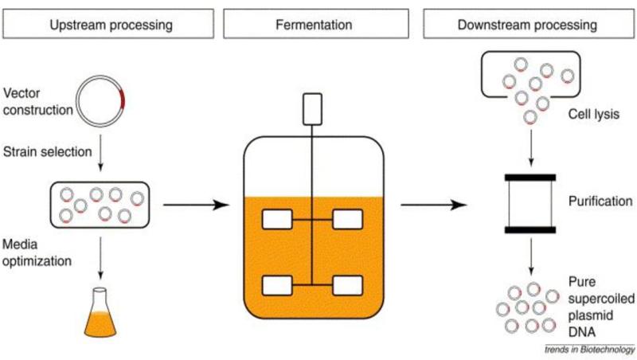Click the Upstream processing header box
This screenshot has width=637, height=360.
[x=108, y=24]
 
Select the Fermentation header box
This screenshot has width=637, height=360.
[x=316, y=24]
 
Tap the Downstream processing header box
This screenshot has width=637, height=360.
[x=529, y=24]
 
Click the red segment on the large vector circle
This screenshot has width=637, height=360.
[x=122, y=100]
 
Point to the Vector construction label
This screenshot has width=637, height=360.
[x=37, y=102]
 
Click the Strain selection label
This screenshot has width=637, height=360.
[x=48, y=151]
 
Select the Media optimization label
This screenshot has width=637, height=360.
[x=37, y=252]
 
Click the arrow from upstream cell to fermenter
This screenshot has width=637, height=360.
[x=196, y=205]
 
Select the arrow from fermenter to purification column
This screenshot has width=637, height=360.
[x=434, y=205]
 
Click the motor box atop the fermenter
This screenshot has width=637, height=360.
[x=312, y=109]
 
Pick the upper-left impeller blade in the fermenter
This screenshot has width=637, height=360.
[x=277, y=219]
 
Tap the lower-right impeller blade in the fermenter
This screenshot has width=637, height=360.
[x=348, y=285]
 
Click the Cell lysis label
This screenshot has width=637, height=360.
[x=593, y=114]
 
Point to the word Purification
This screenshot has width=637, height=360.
[x=600, y=201]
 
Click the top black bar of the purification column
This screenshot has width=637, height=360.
[x=530, y=178]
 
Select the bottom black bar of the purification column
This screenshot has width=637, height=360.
[x=530, y=230]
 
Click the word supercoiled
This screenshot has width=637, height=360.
[x=601, y=299]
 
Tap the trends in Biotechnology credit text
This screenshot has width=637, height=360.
[x=590, y=350]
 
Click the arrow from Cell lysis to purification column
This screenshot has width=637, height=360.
[x=530, y=148]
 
